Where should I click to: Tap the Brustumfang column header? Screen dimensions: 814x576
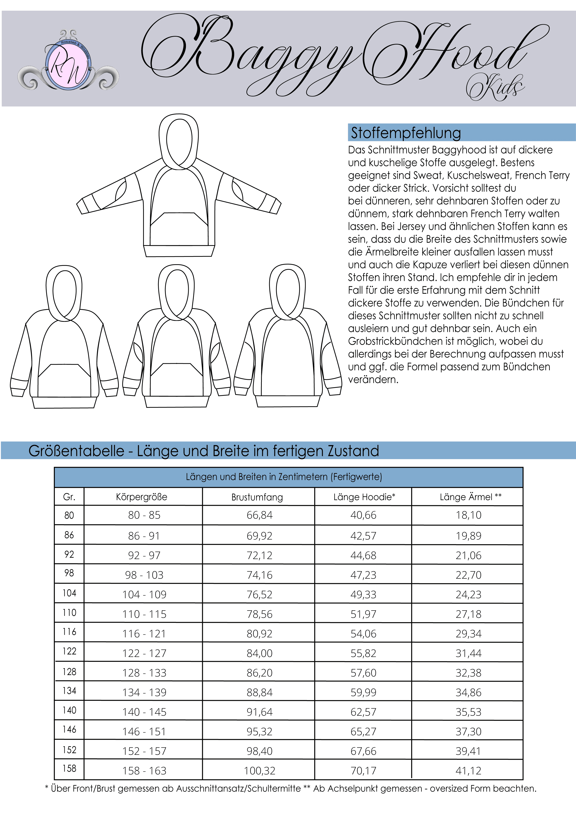[x=257, y=497]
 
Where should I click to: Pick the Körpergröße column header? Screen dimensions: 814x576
[x=142, y=497]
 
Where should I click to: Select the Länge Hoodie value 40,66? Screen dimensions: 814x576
[x=363, y=515]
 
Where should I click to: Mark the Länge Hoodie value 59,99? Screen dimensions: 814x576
[x=363, y=692]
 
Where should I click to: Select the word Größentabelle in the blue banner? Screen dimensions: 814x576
[x=76, y=451]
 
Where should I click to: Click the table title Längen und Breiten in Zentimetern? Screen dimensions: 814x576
[x=284, y=477]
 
